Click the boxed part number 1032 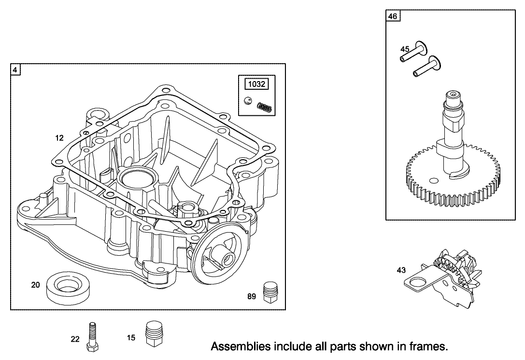[256, 84]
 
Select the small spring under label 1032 [265, 107]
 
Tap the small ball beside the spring [248, 100]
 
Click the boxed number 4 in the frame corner [15, 70]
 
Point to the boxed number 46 [393, 16]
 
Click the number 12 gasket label [59, 138]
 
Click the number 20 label [35, 285]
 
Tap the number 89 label [252, 297]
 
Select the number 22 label [75, 339]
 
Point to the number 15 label [131, 338]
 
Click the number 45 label [405, 49]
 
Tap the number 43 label [401, 270]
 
